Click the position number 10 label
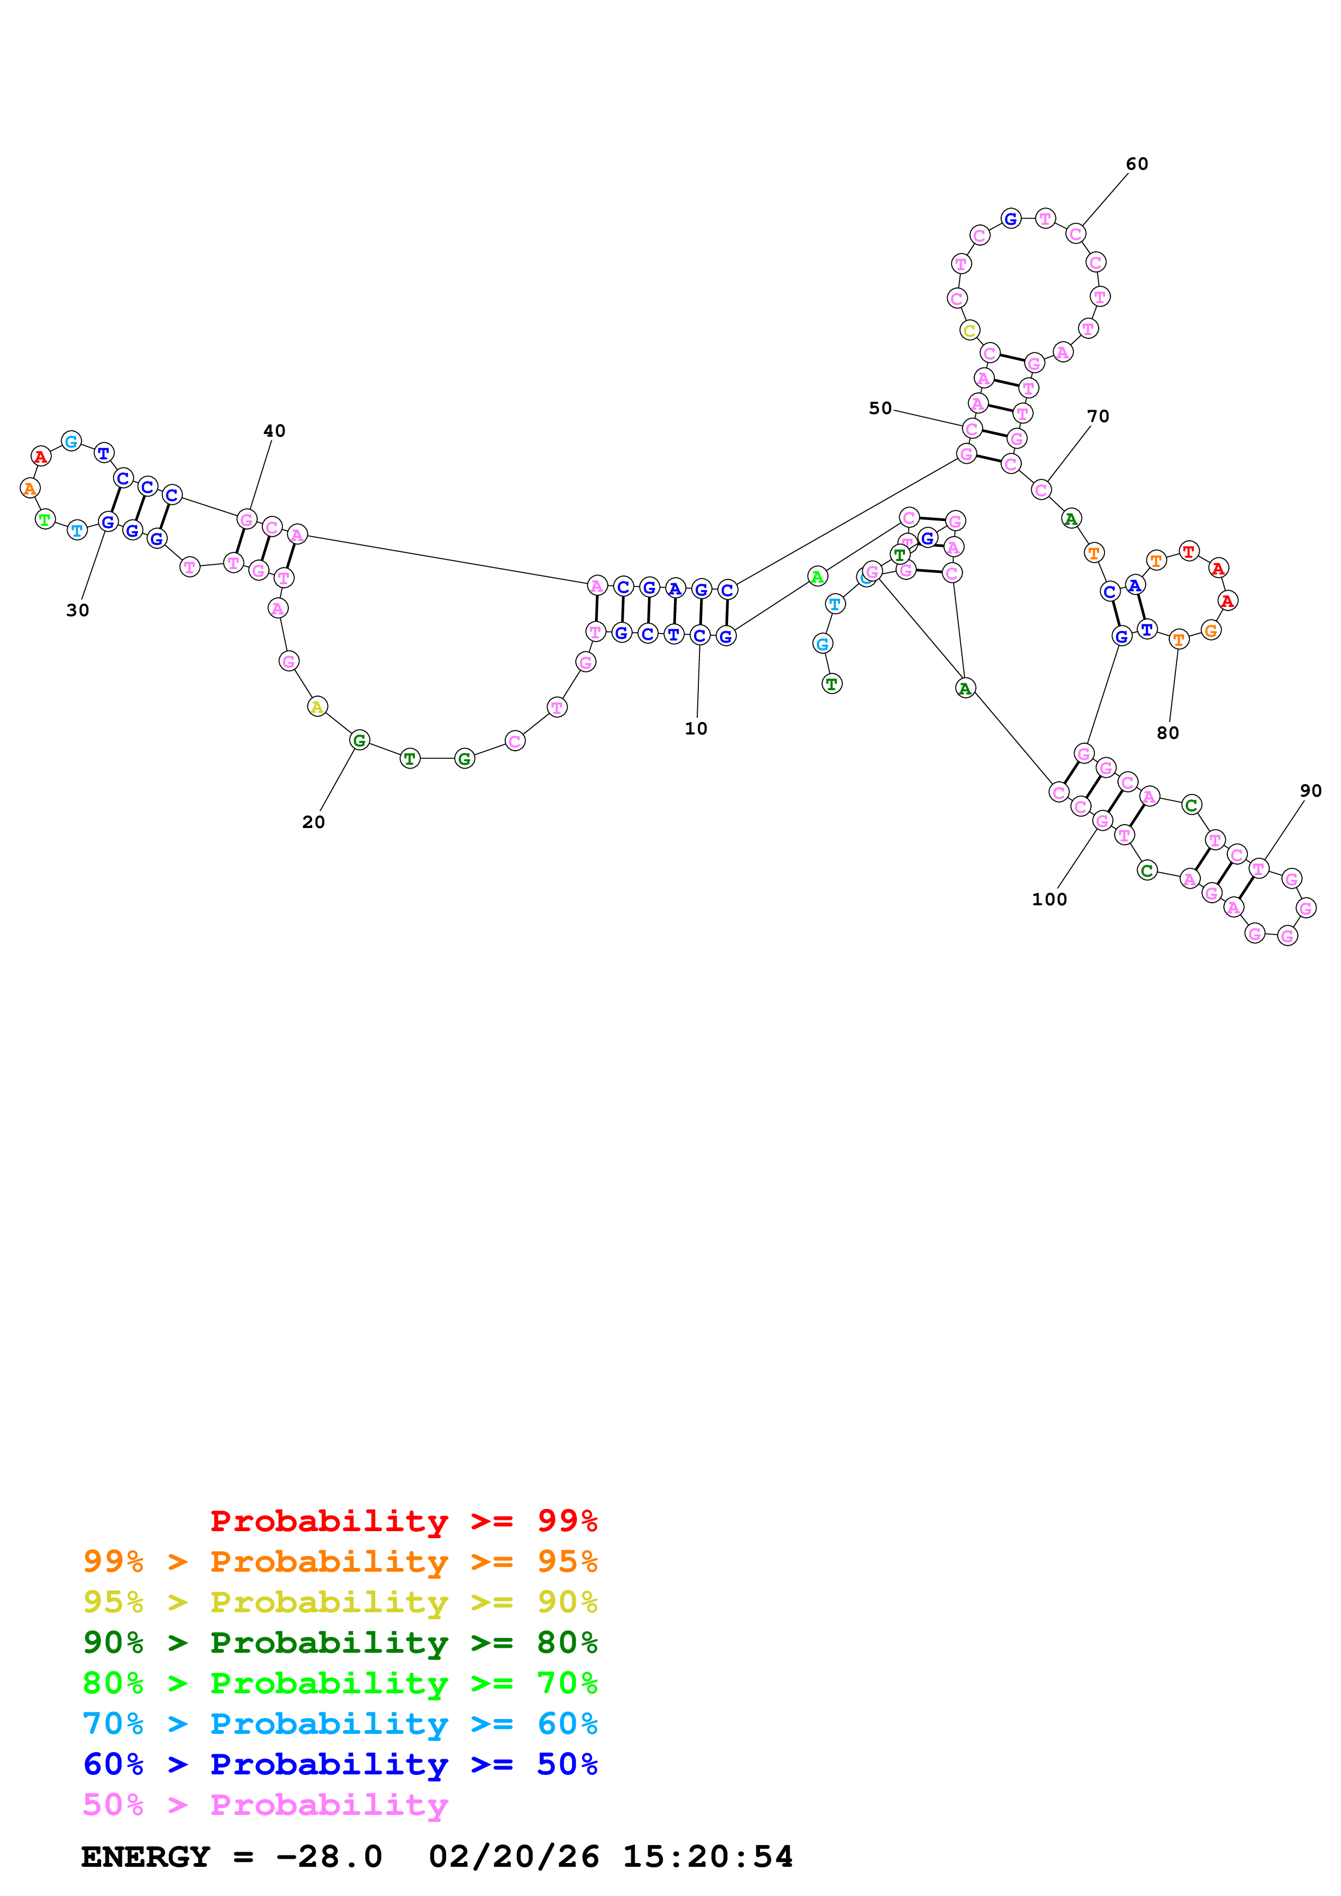(x=696, y=729)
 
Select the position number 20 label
(x=313, y=822)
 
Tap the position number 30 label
(x=78, y=610)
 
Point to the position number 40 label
(x=274, y=431)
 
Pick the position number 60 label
(x=1137, y=164)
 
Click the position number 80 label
(x=1167, y=732)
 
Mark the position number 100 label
(x=1049, y=899)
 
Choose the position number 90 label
(x=1310, y=790)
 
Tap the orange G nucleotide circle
(x=1211, y=630)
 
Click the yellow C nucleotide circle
(x=969, y=330)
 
